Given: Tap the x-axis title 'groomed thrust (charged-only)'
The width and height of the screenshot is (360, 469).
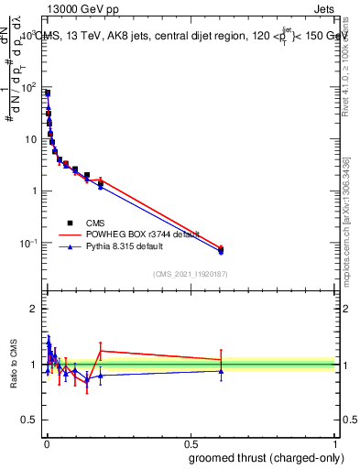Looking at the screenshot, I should click(x=267, y=457).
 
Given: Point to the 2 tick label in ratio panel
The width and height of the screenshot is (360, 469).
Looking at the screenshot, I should click(x=35, y=309).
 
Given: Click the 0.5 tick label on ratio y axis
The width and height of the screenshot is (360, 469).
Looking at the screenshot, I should click(x=30, y=421).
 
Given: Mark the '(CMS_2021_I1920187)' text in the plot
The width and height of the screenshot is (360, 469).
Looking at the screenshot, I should click(x=190, y=274).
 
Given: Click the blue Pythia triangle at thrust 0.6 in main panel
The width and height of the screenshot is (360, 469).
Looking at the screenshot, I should click(x=220, y=251).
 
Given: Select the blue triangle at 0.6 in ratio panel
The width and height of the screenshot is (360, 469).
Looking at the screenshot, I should click(x=220, y=371).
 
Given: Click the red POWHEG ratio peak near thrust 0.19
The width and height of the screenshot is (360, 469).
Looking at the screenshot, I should click(x=101, y=351).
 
